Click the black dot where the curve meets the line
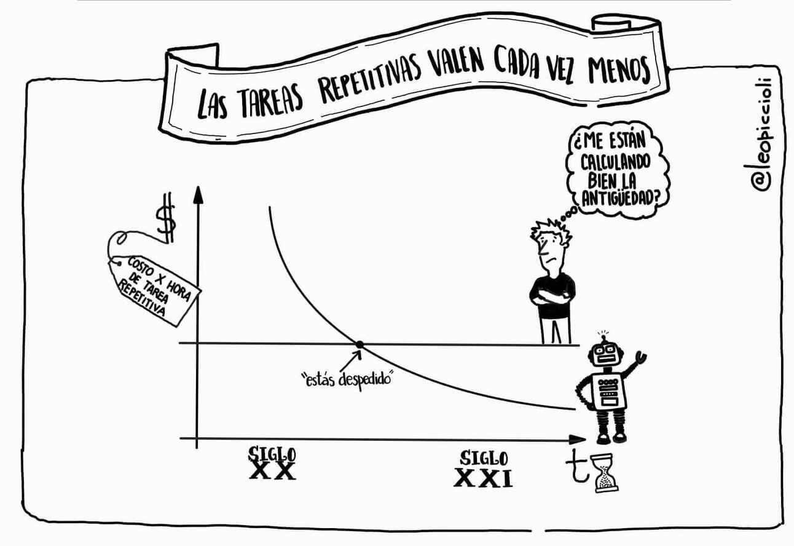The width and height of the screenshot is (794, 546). pyautogui.click(x=360, y=344)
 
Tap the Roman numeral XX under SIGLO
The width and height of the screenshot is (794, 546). pyautogui.click(x=272, y=470)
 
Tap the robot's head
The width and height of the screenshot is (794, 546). pyautogui.click(x=606, y=355)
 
